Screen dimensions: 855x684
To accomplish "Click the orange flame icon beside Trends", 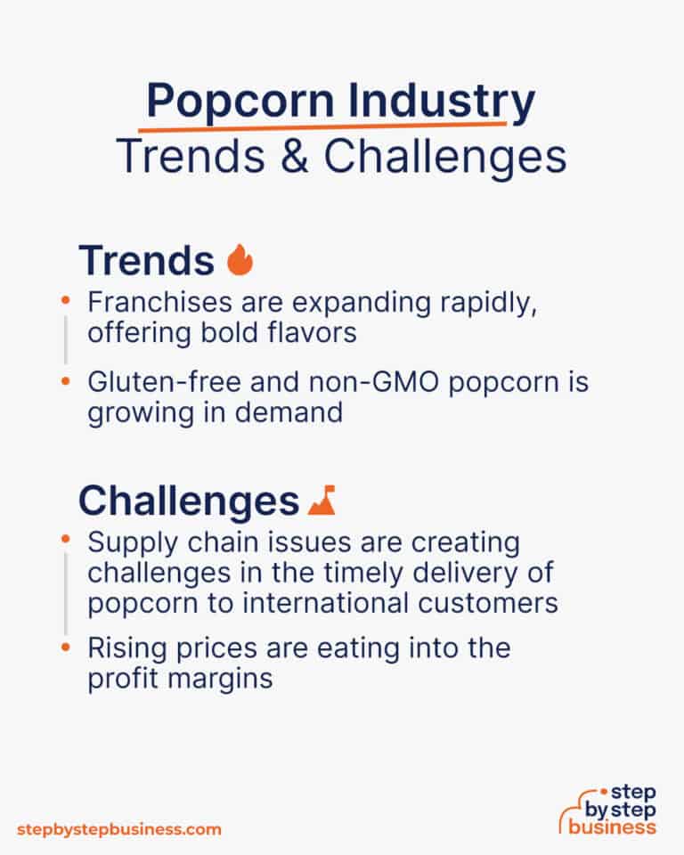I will click(x=240, y=260).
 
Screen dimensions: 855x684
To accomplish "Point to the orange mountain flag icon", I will click(x=321, y=502).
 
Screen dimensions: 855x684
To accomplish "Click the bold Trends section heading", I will click(x=146, y=261).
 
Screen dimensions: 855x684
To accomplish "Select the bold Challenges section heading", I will click(x=188, y=502).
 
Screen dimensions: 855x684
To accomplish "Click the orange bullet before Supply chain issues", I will click(x=66, y=540).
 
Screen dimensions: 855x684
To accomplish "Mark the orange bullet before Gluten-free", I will click(x=66, y=381).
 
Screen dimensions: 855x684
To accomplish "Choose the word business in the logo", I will click(x=614, y=826).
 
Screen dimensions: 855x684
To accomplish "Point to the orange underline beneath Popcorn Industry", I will click(x=321, y=126).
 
